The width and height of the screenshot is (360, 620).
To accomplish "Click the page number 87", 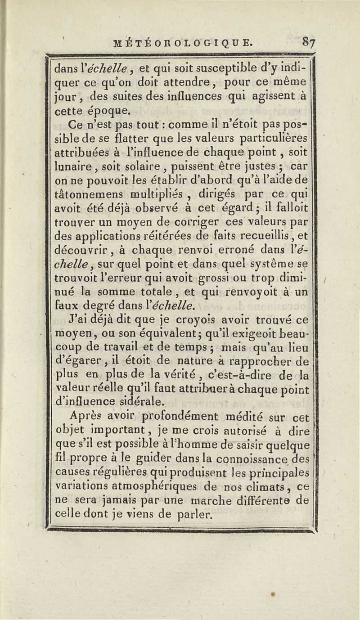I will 309,42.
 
